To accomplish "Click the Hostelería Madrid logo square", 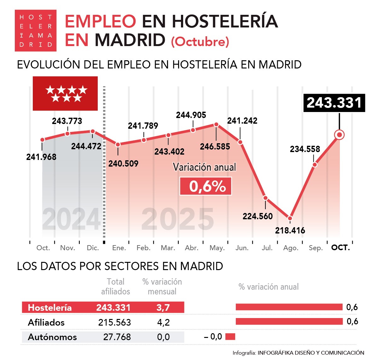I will (x=36, y=31).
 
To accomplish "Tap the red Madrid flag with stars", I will (x=65, y=94).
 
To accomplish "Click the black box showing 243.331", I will (x=334, y=103).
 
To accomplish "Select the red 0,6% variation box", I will (x=206, y=186).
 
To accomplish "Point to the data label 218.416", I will (x=290, y=231).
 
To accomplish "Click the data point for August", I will (x=290, y=218).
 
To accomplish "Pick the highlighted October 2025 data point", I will (x=340, y=135).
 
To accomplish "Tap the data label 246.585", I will (x=215, y=147).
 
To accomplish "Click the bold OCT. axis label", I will (x=340, y=248).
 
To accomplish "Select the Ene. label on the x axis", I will (x=119, y=248).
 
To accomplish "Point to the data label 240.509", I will (x=123, y=164).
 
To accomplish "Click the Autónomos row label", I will (x=52, y=337).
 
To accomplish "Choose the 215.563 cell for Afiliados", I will (x=114, y=322).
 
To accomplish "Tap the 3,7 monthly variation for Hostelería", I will (x=163, y=308).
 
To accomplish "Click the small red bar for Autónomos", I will (x=230, y=337).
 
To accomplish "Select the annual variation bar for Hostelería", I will (x=289, y=307).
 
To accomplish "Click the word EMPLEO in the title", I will (x=100, y=21).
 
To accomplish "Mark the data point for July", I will (x=265, y=198).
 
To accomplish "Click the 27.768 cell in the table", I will (x=117, y=337).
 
